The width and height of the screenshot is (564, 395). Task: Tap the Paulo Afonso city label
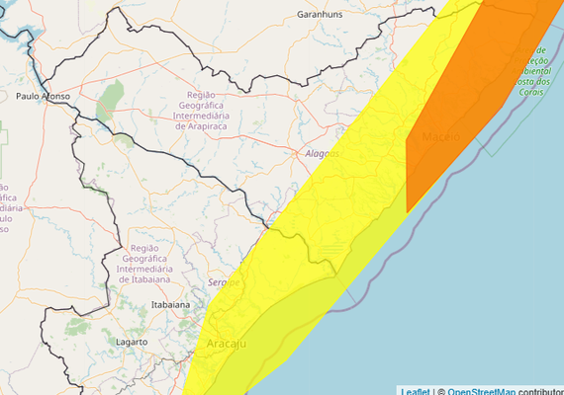(42, 96)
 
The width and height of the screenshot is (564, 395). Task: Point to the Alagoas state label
(322, 154)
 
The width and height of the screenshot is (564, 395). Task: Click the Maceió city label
(440, 135)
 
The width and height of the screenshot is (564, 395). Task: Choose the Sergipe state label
(224, 282)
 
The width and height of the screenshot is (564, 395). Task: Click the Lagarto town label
(131, 342)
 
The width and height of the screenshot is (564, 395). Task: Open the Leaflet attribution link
(416, 391)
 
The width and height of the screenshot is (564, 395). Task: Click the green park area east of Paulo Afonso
(111, 96)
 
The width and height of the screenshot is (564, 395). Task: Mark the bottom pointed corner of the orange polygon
(408, 211)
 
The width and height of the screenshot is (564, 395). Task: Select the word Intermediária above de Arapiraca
(207, 116)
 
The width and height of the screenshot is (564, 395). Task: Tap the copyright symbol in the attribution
(440, 391)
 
